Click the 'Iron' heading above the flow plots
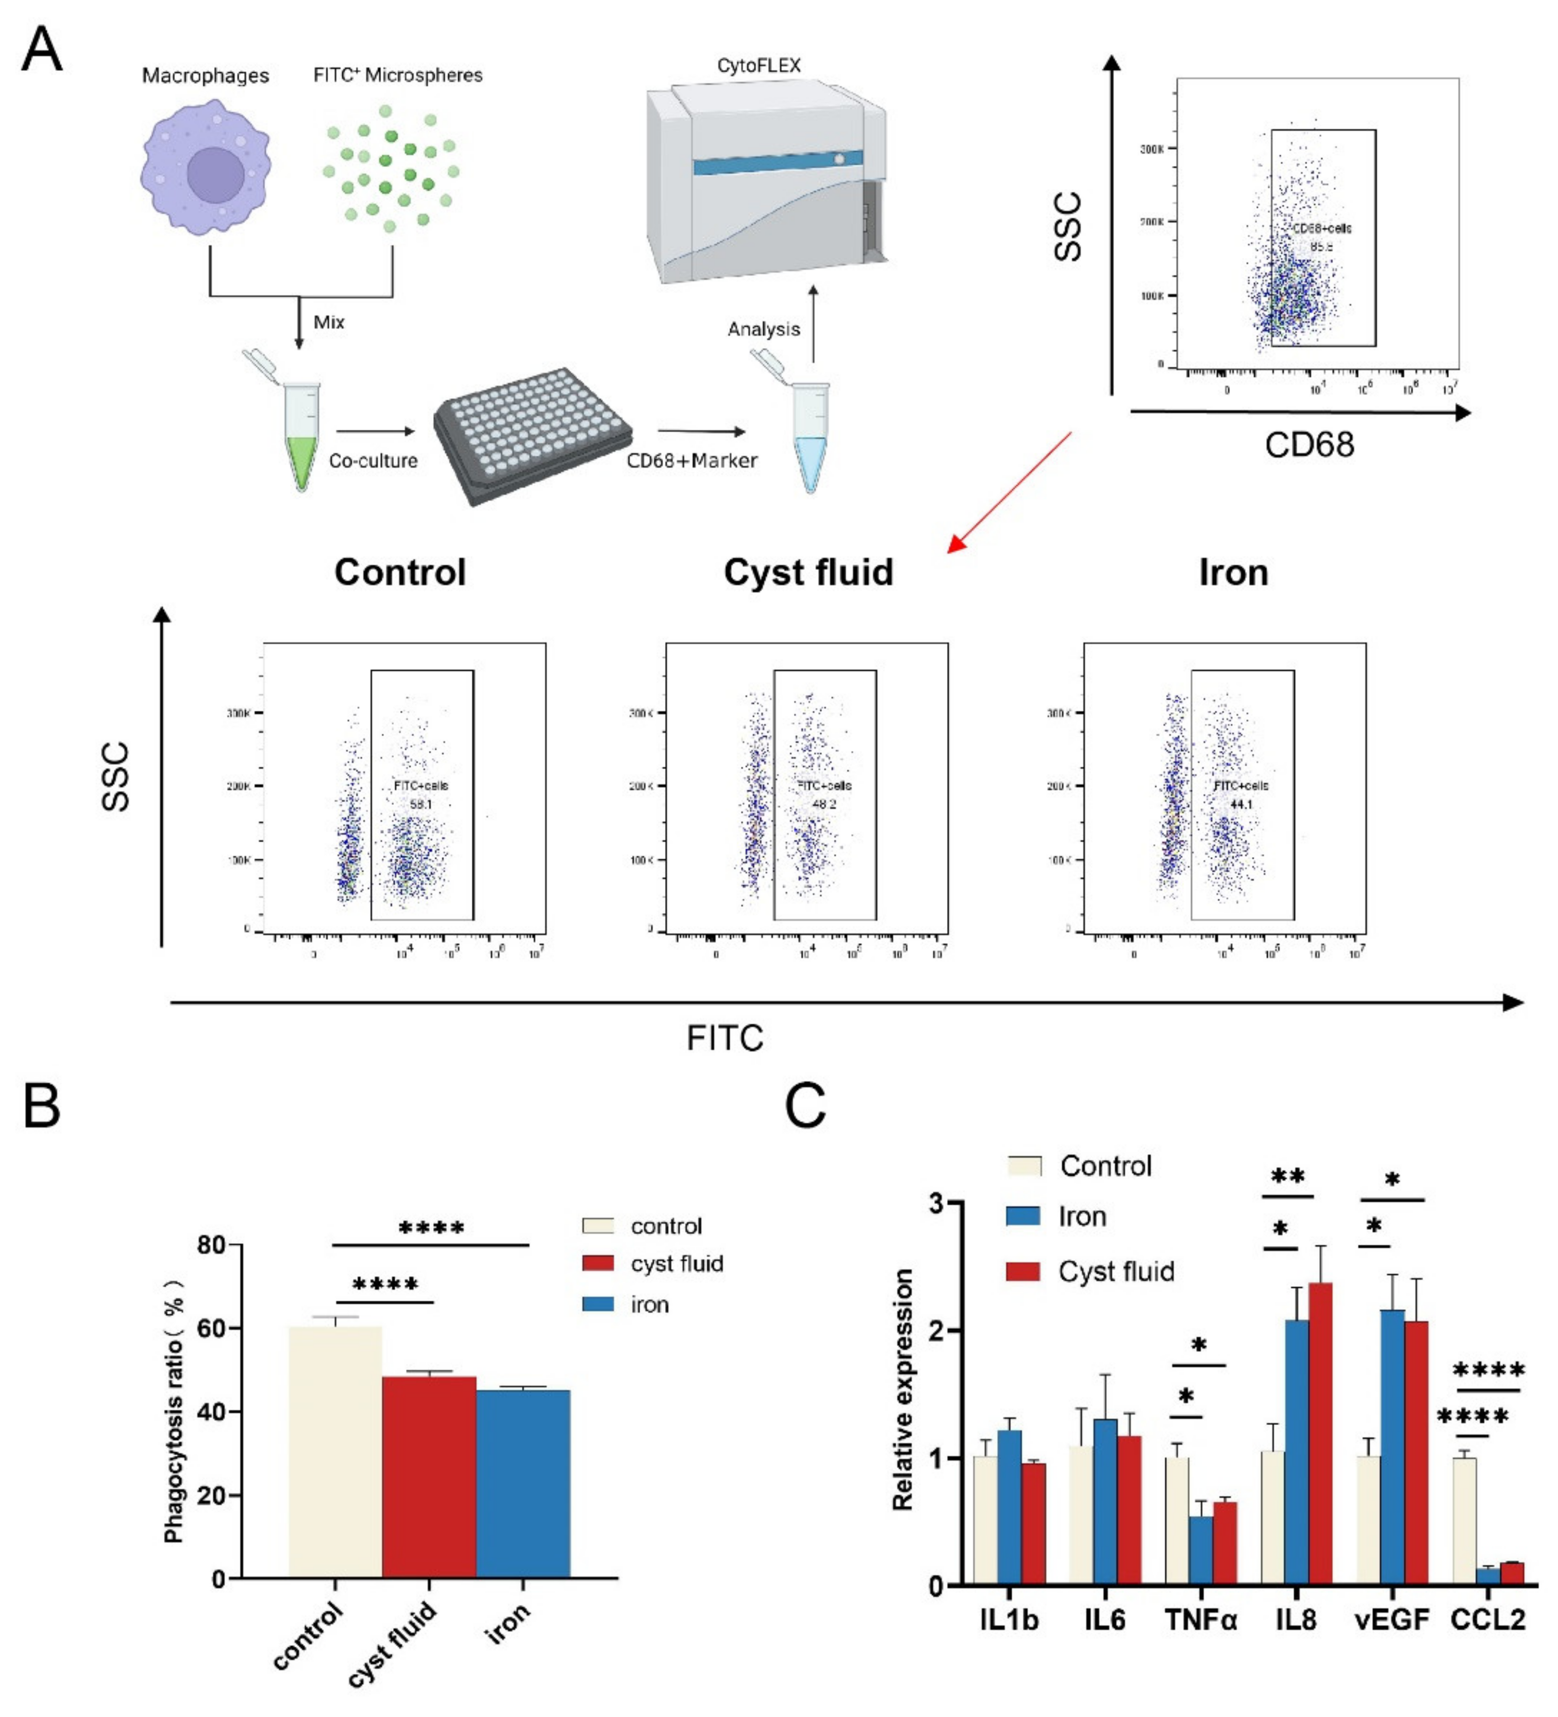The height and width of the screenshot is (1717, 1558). tap(1233, 572)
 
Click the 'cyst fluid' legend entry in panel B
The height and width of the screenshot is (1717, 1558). tap(676, 1264)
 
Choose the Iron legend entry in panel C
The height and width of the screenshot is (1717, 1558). tap(1081, 1216)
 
